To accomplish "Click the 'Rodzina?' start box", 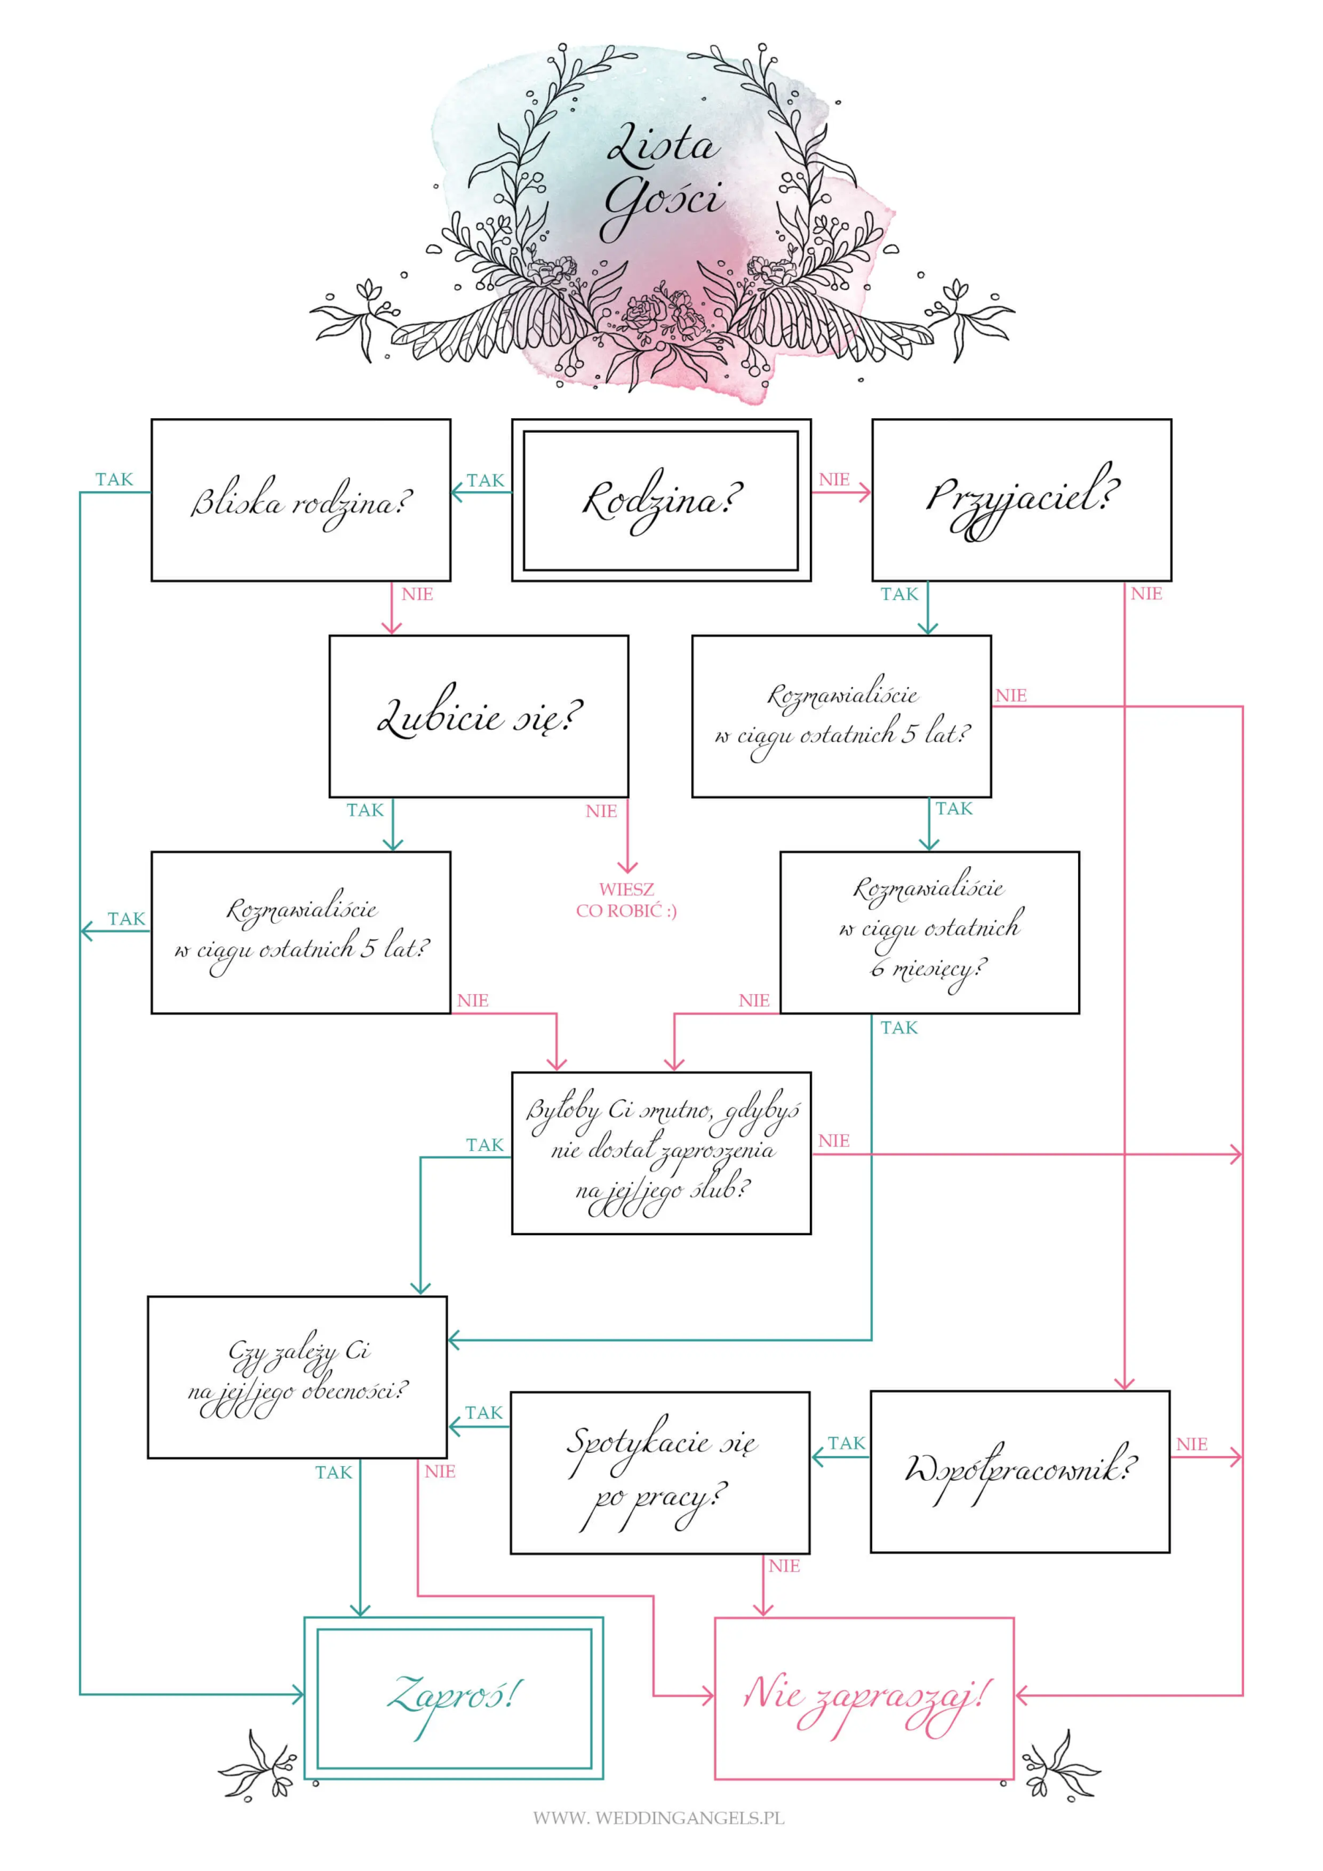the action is tap(661, 501).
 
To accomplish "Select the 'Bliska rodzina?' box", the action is tap(301, 501).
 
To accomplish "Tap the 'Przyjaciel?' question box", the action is tap(1021, 501).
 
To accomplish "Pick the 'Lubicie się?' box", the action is tap(479, 716).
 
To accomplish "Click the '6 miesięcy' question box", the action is tap(929, 933).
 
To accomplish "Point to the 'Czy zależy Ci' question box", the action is tap(297, 1377).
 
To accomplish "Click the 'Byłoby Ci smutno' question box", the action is tap(661, 1153).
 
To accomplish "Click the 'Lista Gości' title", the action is tap(664, 179).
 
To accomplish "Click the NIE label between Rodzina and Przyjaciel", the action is tap(834, 479).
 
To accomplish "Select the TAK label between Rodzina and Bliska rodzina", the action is tap(485, 480).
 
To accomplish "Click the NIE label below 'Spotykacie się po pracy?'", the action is tap(784, 1566).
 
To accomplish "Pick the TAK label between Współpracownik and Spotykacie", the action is tap(846, 1443).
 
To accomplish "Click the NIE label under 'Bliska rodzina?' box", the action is tap(417, 594).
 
